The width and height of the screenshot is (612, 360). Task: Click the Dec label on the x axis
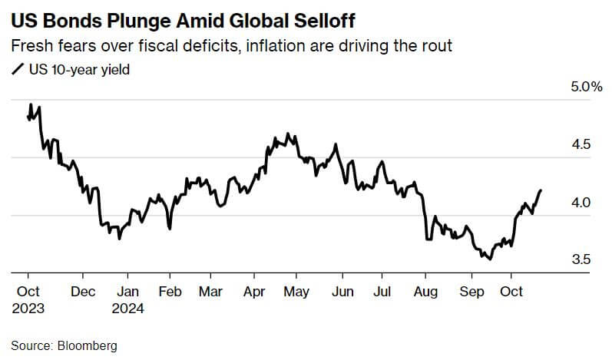click(82, 292)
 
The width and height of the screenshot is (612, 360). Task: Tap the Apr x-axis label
click(254, 292)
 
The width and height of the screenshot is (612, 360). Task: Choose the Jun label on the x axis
click(342, 292)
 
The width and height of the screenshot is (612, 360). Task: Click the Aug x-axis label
click(425, 292)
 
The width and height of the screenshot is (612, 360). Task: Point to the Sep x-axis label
click(471, 292)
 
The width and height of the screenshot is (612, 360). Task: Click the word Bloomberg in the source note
click(87, 346)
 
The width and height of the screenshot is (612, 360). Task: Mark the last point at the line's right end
click(541, 190)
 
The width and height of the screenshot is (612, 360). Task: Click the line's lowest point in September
click(489, 259)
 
